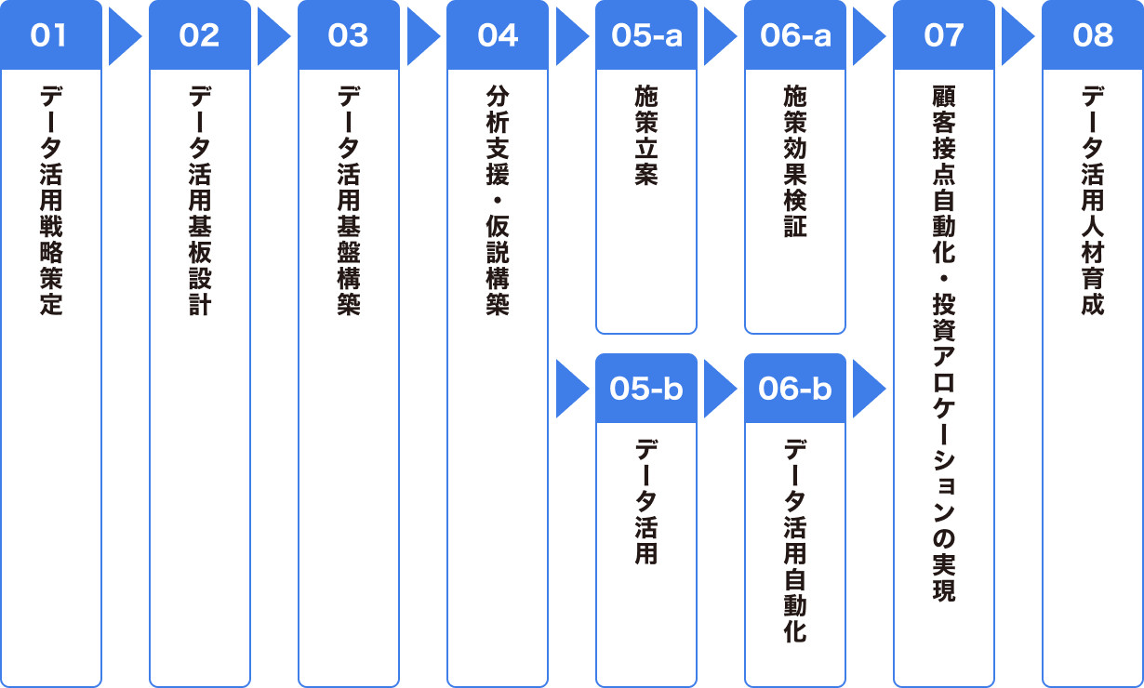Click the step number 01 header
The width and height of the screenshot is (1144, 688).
[x=48, y=35]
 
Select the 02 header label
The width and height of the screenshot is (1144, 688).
[x=199, y=35]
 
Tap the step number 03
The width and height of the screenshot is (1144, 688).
[x=348, y=35]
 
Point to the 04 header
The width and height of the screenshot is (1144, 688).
[x=498, y=35]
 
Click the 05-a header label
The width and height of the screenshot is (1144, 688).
[x=646, y=35]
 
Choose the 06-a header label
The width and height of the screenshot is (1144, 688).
[x=795, y=35]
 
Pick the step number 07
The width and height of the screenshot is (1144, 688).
[x=944, y=35]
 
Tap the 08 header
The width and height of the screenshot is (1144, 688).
[x=1093, y=35]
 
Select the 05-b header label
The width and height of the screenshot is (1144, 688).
[x=646, y=389]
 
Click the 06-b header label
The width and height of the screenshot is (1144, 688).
[x=795, y=389]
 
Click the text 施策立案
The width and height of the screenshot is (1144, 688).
[x=646, y=135]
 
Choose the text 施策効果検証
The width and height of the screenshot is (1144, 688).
[x=795, y=161]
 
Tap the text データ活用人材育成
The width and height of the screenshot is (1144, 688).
[x=1093, y=201]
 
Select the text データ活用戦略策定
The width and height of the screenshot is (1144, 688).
[x=51, y=201]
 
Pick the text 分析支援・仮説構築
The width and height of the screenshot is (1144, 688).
[x=498, y=201]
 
